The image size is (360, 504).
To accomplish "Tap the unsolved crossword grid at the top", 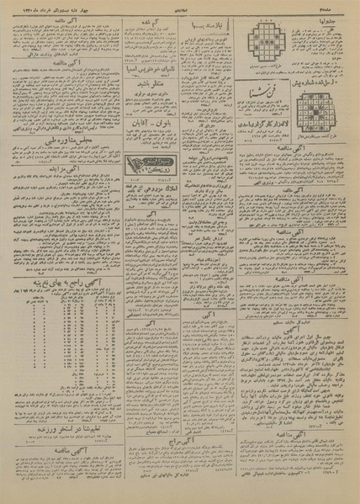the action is (266, 39).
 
